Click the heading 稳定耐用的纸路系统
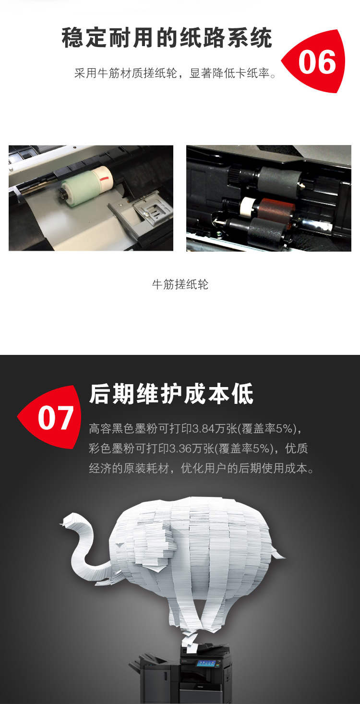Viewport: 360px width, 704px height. pos(167,38)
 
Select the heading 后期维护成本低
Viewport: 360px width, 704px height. pos(171,393)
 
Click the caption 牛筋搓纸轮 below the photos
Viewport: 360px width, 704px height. pos(180,284)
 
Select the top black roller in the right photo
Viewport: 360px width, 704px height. pos(278,180)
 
